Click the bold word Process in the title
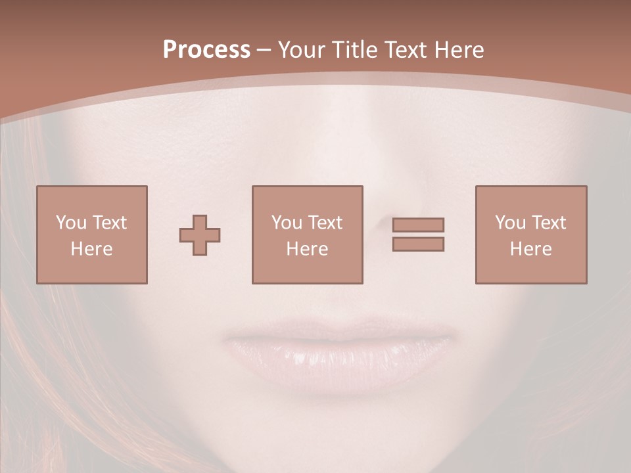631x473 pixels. point(206,50)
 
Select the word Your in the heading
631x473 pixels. point(302,50)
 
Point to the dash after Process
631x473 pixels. point(264,51)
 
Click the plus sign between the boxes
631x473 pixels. point(200,235)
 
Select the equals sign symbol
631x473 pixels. point(418,235)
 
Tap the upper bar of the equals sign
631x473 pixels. point(418,225)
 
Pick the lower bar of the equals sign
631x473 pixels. point(418,244)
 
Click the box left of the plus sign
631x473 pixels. point(92,235)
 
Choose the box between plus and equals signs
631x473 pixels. point(307,235)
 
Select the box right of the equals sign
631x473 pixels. point(530,235)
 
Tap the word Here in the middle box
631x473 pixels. point(307,249)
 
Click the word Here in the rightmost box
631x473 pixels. point(530,249)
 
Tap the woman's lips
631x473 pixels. point(339,355)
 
